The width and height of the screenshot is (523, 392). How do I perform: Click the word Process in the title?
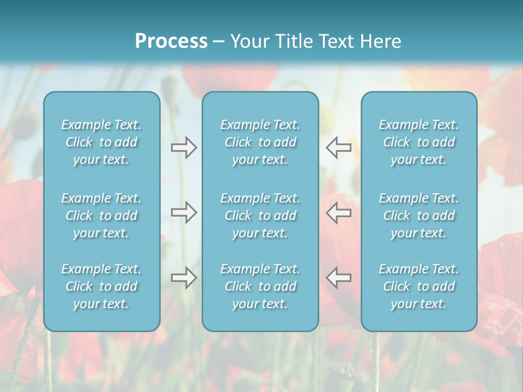click(x=171, y=41)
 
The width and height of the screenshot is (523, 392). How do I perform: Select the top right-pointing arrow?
click(x=184, y=148)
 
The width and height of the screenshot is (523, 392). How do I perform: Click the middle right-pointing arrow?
click(x=184, y=212)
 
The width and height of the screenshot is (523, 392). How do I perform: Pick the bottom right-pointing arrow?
click(x=184, y=278)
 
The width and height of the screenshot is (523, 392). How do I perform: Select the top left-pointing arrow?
click(x=338, y=148)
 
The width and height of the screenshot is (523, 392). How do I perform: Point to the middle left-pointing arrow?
click(x=338, y=212)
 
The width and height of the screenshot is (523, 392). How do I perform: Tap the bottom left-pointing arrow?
click(x=338, y=278)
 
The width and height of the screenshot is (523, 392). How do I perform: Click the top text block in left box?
click(x=101, y=142)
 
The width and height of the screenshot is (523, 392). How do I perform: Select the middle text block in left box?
click(x=101, y=216)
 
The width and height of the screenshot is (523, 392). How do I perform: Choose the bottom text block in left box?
click(x=101, y=286)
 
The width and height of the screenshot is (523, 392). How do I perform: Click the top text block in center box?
click(x=260, y=142)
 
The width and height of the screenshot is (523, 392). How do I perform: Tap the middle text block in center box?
click(x=260, y=216)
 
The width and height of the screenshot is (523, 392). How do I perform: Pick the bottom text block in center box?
click(x=260, y=286)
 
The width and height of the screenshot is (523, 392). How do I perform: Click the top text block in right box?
click(x=419, y=142)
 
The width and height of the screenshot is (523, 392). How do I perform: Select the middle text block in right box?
click(x=419, y=216)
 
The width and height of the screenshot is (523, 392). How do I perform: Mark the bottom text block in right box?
click(x=419, y=286)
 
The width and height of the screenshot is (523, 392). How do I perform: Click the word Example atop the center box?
click(x=243, y=125)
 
